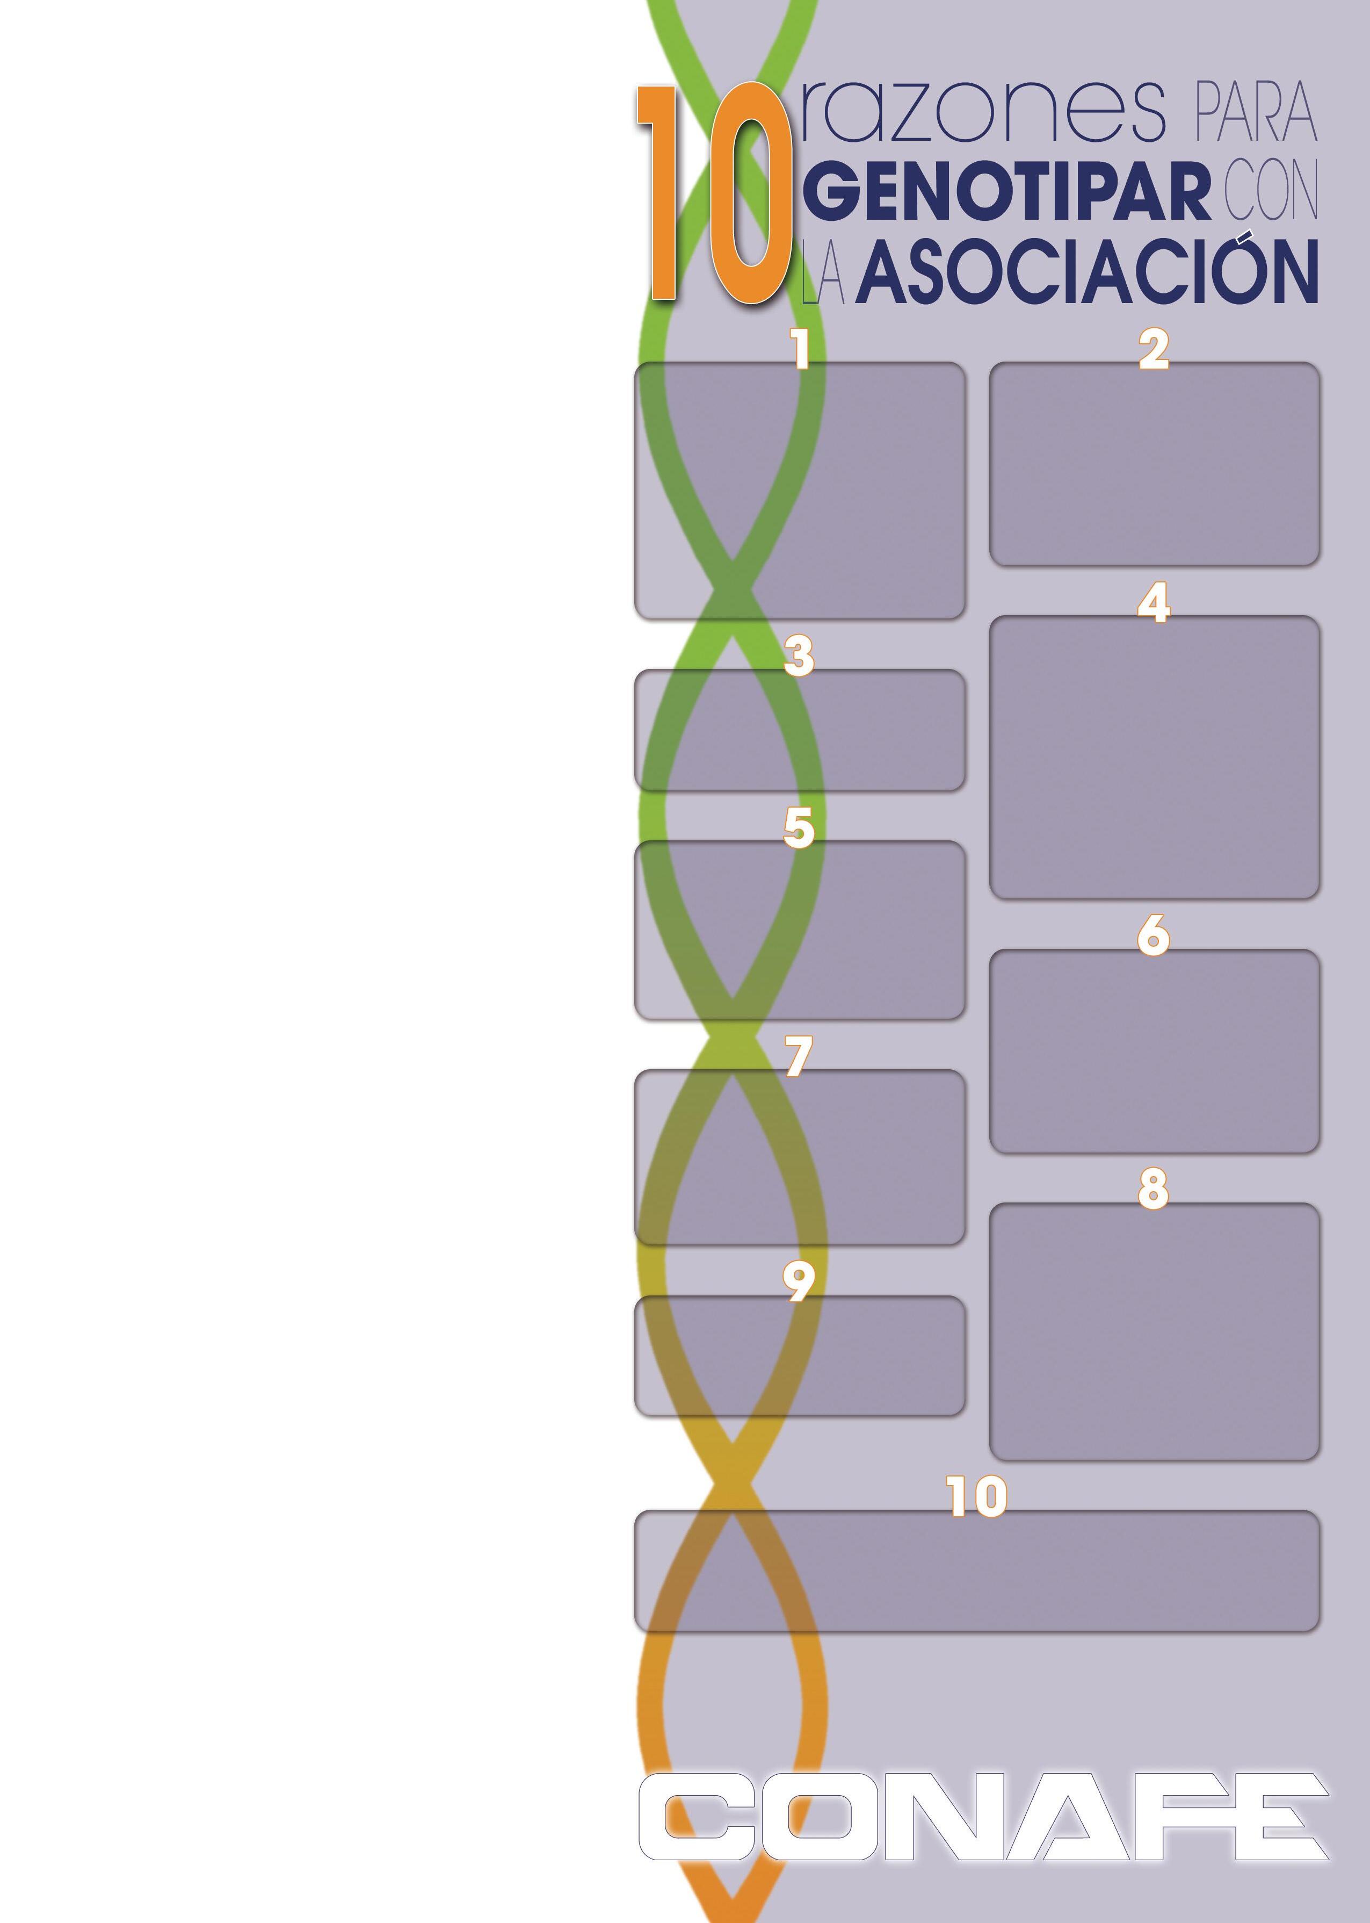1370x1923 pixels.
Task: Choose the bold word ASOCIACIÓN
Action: pyautogui.click(x=1086, y=272)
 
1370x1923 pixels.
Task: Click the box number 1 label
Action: pyautogui.click(x=799, y=349)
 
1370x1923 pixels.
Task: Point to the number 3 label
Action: pyautogui.click(x=798, y=657)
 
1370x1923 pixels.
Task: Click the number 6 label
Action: pyautogui.click(x=1153, y=936)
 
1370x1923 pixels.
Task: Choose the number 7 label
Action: pyautogui.click(x=798, y=1056)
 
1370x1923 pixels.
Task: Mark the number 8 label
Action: pyautogui.click(x=1153, y=1189)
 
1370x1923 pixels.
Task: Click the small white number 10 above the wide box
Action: pyautogui.click(x=977, y=1496)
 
